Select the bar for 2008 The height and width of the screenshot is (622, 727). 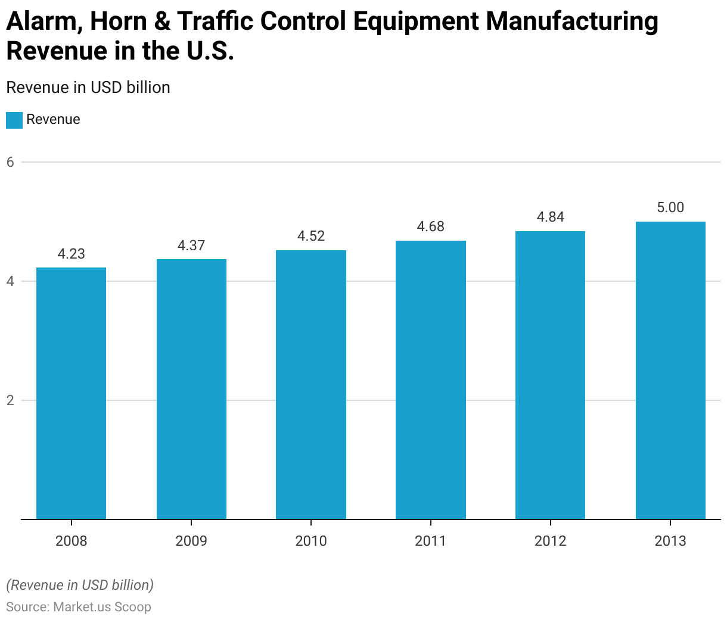[72, 393]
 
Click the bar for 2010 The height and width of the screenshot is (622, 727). [311, 384]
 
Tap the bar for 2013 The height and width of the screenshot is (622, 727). [670, 370]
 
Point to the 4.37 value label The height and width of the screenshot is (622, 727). [191, 245]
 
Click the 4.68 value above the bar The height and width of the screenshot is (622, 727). [431, 226]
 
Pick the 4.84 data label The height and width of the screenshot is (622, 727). [551, 217]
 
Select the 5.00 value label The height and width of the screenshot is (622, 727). [670, 207]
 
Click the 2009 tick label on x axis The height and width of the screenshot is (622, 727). [191, 541]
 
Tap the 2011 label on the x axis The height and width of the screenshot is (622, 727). [431, 541]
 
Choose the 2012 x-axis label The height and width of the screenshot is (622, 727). [551, 541]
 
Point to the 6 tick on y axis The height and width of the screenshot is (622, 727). [10, 161]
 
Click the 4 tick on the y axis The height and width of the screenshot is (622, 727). [10, 281]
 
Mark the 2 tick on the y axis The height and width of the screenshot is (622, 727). [10, 400]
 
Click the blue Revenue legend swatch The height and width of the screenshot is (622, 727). [14, 120]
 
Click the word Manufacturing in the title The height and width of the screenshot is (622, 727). [572, 22]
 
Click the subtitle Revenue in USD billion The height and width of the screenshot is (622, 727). [88, 88]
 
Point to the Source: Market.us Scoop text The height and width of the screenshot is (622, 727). [79, 607]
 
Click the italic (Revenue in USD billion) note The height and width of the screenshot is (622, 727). [80, 585]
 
